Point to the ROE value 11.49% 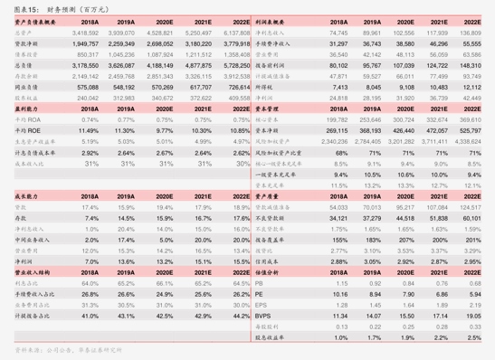(89, 130)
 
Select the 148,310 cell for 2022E (470, 64)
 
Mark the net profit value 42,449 (470, 97)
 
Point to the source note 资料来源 (27, 348)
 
